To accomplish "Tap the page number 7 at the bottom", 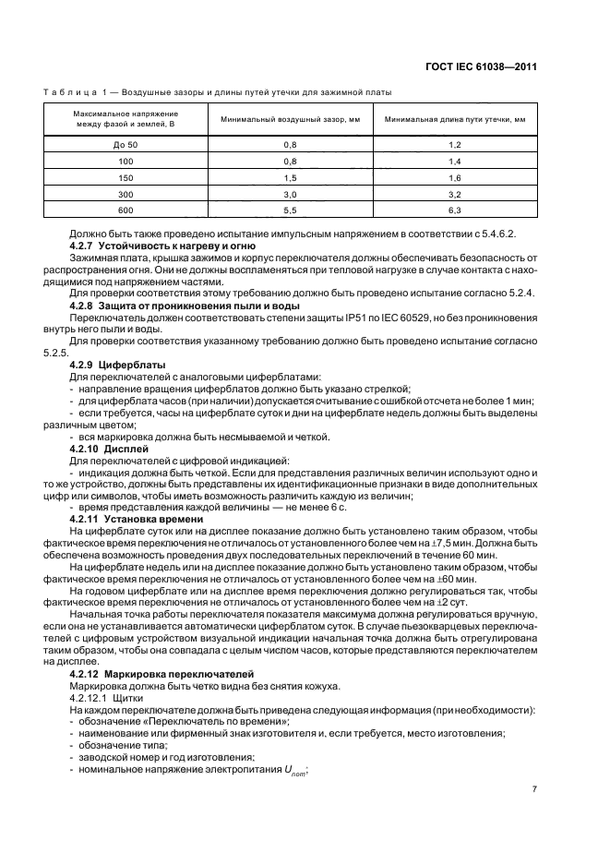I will [x=534, y=789].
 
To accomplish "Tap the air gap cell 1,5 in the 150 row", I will [x=288, y=177].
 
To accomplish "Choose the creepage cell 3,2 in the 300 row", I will [x=454, y=194].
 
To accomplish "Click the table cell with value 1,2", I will [x=454, y=145].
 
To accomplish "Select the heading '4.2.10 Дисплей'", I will [x=104, y=448].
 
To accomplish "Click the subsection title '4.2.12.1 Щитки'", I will [x=102, y=701].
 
